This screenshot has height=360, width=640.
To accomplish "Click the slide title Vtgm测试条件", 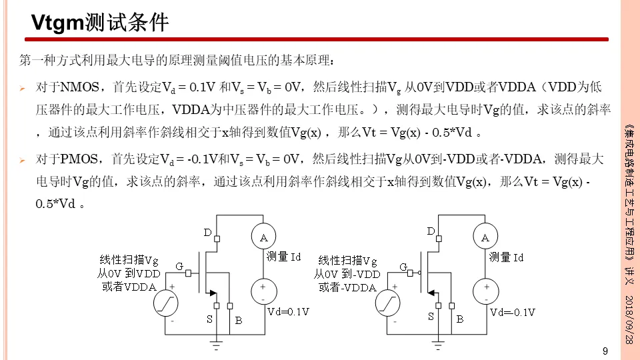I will (x=101, y=23).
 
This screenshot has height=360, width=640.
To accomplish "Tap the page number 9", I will (x=605, y=351).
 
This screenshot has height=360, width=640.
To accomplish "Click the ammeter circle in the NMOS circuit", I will (x=263, y=237).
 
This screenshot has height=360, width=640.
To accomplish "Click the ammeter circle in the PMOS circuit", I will (x=485, y=237).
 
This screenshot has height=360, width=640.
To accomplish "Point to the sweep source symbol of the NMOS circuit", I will (x=166, y=305).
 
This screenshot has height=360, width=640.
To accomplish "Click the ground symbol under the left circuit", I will (x=215, y=345).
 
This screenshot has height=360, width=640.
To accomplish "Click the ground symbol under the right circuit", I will (x=437, y=345).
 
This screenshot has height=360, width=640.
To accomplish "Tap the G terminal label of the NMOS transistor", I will (x=179, y=267).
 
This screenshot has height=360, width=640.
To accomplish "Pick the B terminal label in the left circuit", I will (x=238, y=321).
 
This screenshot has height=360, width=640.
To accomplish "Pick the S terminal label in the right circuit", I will (x=431, y=317).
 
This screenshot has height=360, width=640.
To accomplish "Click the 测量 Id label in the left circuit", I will (x=284, y=257).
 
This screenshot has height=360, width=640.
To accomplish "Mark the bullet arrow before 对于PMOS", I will (x=22, y=161).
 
